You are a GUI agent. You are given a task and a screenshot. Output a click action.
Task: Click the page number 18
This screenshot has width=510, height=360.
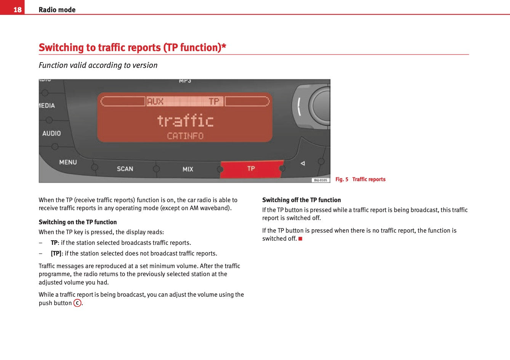tap(18, 10)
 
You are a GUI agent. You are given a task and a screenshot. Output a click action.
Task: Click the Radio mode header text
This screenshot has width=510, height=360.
tap(57, 10)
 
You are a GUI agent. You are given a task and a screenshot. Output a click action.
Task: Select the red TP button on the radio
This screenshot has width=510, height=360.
tap(252, 169)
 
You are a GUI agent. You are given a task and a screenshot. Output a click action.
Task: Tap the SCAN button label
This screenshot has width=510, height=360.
tap(125, 169)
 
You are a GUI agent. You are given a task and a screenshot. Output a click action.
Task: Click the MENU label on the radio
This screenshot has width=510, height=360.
tap(68, 162)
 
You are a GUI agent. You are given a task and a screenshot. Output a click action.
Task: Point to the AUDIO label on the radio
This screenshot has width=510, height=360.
tap(51, 133)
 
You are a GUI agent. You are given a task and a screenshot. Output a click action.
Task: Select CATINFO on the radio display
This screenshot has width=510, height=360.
tap(185, 136)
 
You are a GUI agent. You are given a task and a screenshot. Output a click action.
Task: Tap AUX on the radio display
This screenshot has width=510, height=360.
tap(155, 101)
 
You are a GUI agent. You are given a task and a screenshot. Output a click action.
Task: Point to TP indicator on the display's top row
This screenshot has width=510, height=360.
tap(214, 101)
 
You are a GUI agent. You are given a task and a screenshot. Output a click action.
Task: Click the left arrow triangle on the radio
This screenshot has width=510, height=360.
tap(303, 163)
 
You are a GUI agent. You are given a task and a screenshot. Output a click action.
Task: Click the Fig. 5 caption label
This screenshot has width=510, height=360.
tap(342, 179)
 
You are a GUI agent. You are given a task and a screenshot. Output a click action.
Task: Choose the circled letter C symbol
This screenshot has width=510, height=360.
tap(77, 303)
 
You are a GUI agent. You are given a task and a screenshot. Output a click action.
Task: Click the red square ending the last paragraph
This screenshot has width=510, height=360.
tap(300, 239)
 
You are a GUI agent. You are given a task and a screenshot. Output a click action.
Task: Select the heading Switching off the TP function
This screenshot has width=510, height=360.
tap(302, 200)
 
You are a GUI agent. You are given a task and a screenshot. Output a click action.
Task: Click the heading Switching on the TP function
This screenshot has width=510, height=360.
tap(78, 222)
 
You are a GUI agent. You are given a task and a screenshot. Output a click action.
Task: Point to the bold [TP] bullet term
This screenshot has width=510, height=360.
tap(56, 253)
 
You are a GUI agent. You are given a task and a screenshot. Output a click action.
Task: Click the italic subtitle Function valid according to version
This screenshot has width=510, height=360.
tap(98, 65)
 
